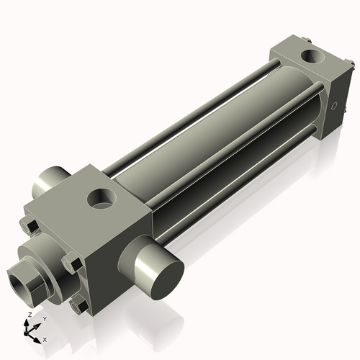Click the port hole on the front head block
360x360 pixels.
pos(102,198)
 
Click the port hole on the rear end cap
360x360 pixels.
pos(314,55)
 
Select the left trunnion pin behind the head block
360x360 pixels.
pos(49,184)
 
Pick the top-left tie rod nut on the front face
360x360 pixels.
pos(30,227)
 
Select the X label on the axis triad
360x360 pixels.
pos(45,338)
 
